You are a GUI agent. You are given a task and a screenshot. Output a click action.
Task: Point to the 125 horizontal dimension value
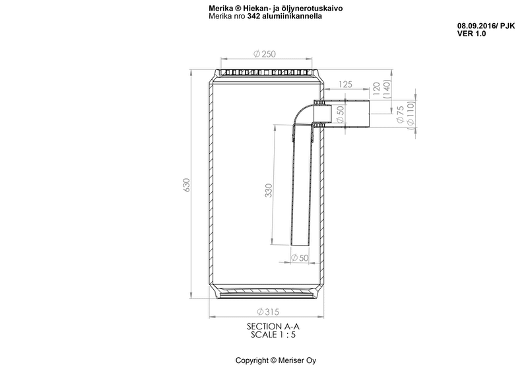point(345,83)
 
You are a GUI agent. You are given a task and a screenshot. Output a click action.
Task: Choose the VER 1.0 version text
point(471,32)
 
